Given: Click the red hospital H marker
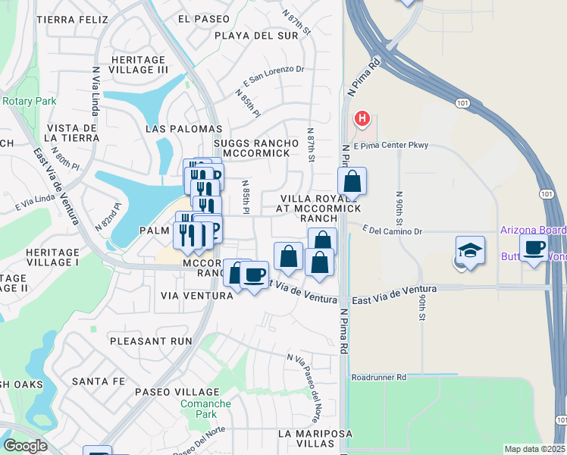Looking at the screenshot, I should coord(362,119).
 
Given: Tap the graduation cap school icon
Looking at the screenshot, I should coord(470,251).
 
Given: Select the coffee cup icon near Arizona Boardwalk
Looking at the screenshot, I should coord(534,248).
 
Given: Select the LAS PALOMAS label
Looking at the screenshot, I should coord(183,130).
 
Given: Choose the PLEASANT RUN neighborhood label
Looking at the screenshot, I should coord(151,341).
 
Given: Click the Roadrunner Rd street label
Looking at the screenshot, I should coord(379,376).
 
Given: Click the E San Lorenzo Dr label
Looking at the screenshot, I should coord(274,74).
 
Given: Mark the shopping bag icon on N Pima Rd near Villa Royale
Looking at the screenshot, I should coord(352,181).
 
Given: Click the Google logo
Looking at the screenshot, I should coord(25,446).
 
